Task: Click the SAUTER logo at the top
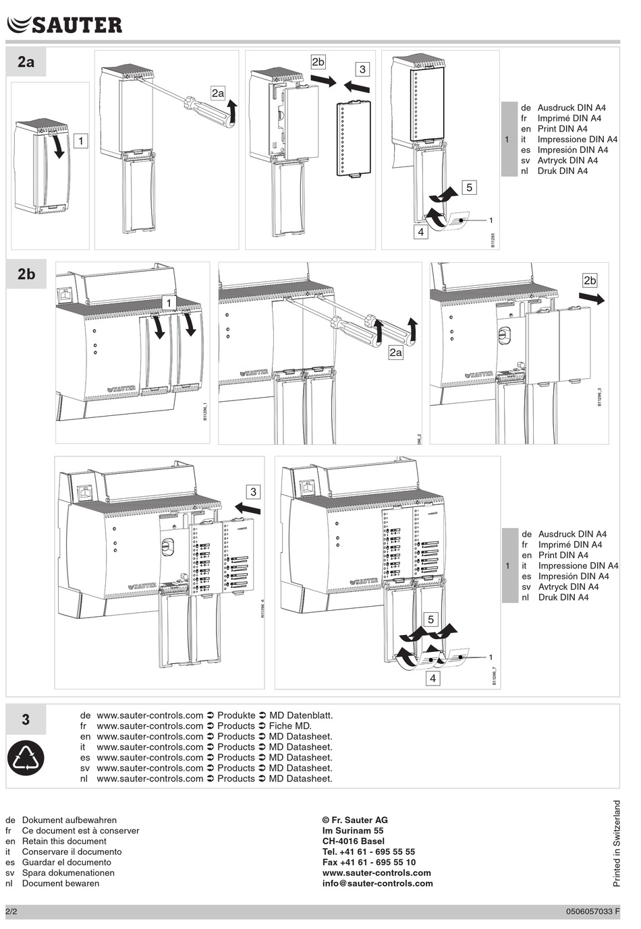(x=65, y=25)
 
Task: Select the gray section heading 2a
(x=26, y=62)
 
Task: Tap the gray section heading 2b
(x=26, y=274)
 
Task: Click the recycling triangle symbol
(x=26, y=758)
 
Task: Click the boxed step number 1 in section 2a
(x=80, y=141)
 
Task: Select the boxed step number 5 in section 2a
(x=469, y=187)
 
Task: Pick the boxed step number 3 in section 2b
(x=253, y=492)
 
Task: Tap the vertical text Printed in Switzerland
(x=617, y=843)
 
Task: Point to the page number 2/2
(x=12, y=911)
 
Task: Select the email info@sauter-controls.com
(x=377, y=883)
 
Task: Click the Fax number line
(x=368, y=862)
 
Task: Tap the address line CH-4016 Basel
(x=354, y=841)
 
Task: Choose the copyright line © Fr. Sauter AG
(x=355, y=820)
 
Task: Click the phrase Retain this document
(x=64, y=841)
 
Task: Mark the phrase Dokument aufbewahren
(x=69, y=820)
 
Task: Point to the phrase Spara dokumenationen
(x=68, y=872)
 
